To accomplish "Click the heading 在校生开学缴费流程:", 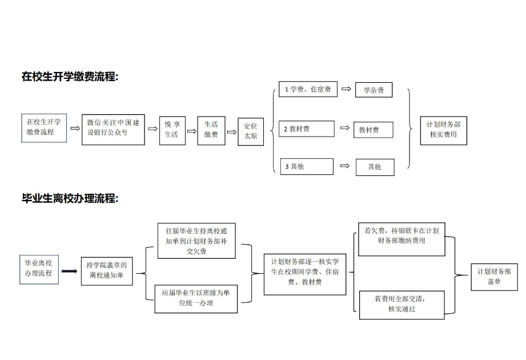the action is coord(70,77).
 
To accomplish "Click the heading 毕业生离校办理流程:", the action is coord(70,198).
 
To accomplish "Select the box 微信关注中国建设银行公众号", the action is coord(113,130).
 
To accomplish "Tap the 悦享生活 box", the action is coord(172,130).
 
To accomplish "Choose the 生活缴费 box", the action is coord(211,130).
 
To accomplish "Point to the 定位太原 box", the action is coord(251,131).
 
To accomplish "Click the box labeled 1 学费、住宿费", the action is coord(308,89).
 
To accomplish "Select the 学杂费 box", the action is coord(374,90).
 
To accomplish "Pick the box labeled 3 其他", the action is coord(307,166).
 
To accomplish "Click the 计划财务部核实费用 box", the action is coord(444,130).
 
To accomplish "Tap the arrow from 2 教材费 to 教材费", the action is coord(344,128).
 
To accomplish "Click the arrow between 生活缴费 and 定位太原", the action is coord(232,132).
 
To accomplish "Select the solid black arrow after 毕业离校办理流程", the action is coord(70,271).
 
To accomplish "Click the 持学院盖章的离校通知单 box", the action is coord(107,271).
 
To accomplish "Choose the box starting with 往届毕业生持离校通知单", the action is coord(196,241).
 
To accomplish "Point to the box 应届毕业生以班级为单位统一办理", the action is coord(196,299).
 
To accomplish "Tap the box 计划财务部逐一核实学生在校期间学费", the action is coord(305,274).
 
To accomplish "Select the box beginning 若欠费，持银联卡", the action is coord(401,239).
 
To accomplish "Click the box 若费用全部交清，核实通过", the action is coord(402,305).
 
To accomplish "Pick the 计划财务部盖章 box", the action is coord(494,277).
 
